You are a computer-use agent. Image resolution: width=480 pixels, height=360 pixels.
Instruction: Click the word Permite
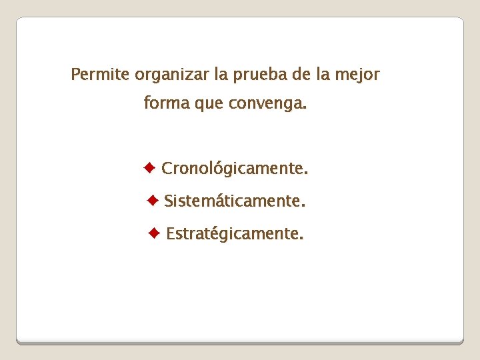tap(100, 74)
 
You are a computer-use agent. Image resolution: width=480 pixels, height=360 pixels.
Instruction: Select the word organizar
tap(172, 75)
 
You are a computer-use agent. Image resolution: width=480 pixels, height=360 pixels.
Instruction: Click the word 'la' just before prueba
tap(221, 74)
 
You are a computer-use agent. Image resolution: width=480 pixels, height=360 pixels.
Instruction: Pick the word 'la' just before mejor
tap(323, 74)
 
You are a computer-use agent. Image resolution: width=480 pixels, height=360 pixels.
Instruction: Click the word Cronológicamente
tap(235, 169)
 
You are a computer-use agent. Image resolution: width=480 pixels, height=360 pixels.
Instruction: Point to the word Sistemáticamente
tap(235, 201)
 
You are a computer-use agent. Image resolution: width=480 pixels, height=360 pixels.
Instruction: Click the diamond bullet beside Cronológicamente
tap(150, 167)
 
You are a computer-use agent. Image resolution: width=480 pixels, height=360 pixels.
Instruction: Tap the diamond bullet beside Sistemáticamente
tap(153, 199)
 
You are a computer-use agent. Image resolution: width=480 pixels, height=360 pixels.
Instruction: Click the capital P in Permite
tap(75, 74)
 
